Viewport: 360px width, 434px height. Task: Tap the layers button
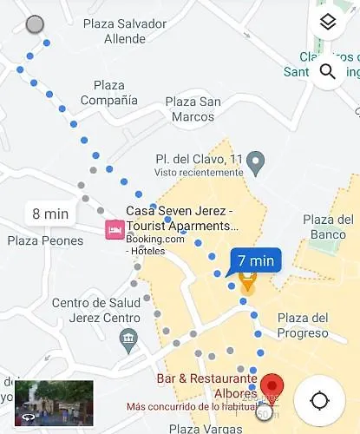pos(327,23)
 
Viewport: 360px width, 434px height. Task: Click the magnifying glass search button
pos(327,71)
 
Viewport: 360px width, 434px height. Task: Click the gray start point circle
pos(35,24)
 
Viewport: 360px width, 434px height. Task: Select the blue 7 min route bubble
pos(256,260)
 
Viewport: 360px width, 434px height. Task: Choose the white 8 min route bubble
pos(49,213)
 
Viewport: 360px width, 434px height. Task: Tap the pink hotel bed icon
pos(114,230)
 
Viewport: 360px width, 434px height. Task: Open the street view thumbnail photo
pos(54,403)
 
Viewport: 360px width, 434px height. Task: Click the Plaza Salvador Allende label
pos(124,31)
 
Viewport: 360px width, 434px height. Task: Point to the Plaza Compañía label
pos(108,93)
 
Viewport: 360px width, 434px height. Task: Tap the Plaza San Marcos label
pos(193,108)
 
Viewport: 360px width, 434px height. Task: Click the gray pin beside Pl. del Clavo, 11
pos(255,161)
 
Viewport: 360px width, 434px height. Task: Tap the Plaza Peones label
pos(45,240)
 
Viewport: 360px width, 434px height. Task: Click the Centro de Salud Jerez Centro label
pos(96,310)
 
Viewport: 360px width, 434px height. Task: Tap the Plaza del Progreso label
pos(302,325)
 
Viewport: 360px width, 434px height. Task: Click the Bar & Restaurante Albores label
pos(206,385)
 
